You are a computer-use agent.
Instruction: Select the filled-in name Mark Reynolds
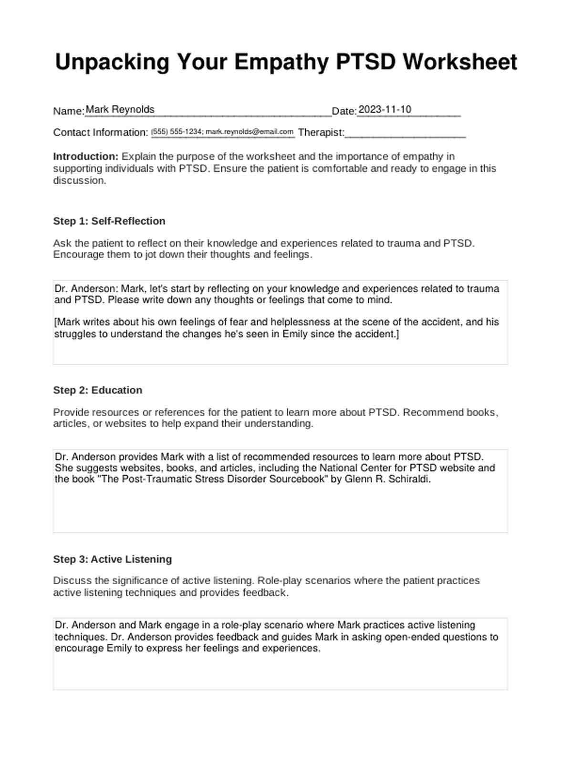120,110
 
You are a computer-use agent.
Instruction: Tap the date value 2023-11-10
384,110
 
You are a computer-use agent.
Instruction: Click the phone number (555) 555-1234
177,132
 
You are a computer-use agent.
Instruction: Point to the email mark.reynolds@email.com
249,132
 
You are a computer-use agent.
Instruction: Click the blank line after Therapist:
405,134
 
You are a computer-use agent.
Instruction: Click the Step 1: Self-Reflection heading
109,221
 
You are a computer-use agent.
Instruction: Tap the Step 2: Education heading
98,390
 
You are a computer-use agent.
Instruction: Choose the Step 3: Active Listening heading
113,559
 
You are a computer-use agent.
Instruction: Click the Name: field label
69,111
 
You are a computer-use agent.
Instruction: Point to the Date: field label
344,111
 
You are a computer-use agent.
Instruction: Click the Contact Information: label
101,133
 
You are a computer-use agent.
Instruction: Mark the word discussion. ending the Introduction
80,180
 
